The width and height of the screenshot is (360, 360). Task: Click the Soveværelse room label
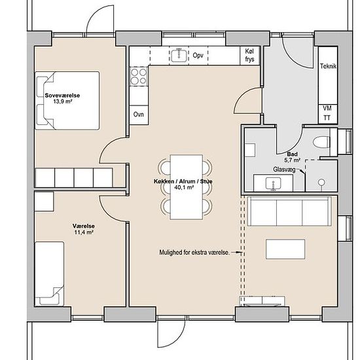coord(62,96)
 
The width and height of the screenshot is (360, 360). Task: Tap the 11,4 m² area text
coord(84,232)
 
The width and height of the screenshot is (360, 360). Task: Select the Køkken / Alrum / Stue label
coord(183,181)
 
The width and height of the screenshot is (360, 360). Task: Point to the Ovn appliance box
coord(139,115)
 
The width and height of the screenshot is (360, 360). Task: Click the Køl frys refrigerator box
coord(250,56)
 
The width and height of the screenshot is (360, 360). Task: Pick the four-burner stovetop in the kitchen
coord(139,77)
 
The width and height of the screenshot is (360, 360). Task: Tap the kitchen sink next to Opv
coord(179,55)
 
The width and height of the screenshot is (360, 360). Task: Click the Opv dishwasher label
coord(198,56)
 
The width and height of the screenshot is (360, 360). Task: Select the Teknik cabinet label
coord(328,66)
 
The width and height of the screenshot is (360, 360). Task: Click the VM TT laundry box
coord(327,114)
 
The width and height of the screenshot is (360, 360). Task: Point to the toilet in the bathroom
coord(321,141)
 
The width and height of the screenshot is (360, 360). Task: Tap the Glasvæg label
coord(284,170)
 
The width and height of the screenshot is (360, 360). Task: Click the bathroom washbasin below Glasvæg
coord(273,183)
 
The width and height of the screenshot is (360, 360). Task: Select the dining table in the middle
coord(186,187)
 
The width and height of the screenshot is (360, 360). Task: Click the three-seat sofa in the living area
coord(289,211)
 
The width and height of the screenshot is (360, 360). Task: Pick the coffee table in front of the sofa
coord(285,249)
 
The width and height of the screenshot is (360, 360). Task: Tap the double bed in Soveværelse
coord(67,101)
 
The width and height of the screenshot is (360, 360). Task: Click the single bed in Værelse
coord(49,274)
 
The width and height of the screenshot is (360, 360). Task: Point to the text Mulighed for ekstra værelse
coord(194,253)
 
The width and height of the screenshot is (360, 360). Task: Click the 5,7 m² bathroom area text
coord(293,160)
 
